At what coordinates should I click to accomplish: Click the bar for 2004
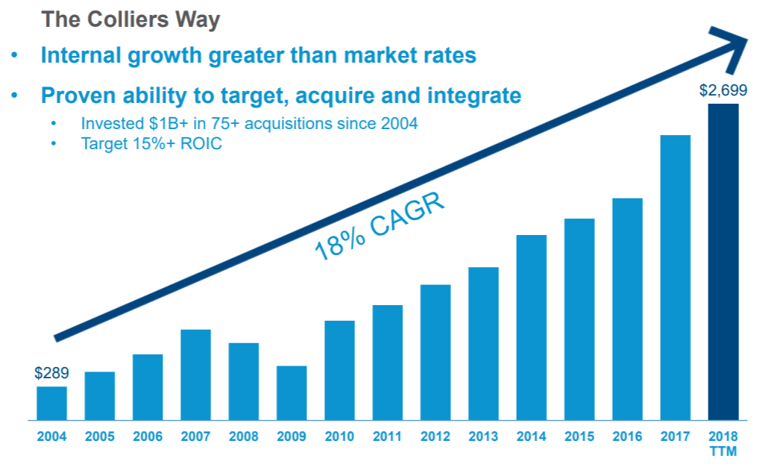pos(51,403)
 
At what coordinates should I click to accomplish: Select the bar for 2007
pos(195,375)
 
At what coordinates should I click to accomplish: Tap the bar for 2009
pos(292,393)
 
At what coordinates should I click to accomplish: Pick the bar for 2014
pos(531,328)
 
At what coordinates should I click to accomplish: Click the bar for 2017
pos(675,278)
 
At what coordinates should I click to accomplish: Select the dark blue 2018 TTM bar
pos(723,262)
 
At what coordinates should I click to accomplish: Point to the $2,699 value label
pos(723,91)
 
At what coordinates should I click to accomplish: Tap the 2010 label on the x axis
pos(339,436)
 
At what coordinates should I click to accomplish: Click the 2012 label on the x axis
pos(435,436)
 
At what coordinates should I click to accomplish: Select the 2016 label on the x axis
pos(627,436)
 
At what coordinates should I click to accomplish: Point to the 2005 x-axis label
pos(99,436)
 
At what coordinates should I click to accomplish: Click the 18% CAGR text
pos(379,227)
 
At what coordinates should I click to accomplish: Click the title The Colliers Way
pos(130,19)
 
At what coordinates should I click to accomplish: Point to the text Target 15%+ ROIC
pos(151,143)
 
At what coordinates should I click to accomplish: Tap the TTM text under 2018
pos(723,451)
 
